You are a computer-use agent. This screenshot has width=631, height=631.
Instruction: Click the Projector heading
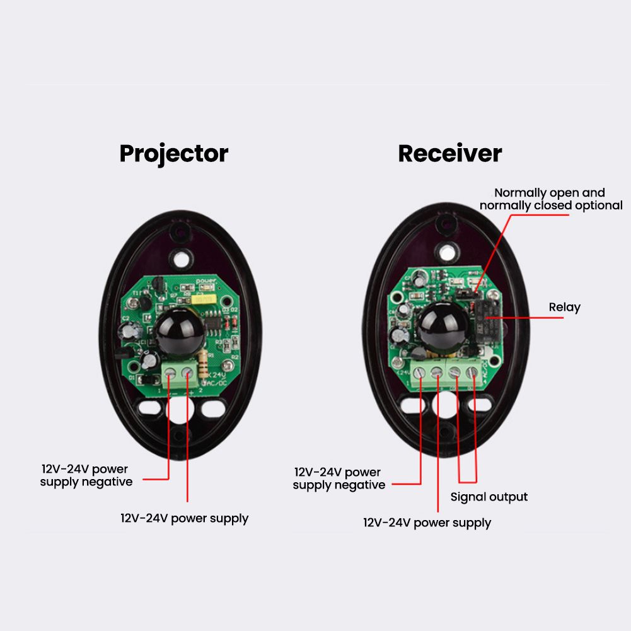pyautogui.click(x=173, y=153)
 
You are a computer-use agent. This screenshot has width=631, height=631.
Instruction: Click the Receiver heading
pyautogui.click(x=449, y=153)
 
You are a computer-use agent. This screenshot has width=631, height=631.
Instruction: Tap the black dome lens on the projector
pyautogui.click(x=180, y=333)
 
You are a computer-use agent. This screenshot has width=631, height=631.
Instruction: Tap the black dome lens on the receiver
pyautogui.click(x=444, y=327)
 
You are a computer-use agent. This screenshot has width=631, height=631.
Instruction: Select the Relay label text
pyautogui.click(x=564, y=308)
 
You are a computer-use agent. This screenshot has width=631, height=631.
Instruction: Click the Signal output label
pyautogui.click(x=489, y=497)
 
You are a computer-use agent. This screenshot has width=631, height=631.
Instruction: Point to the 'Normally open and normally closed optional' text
pyautogui.click(x=550, y=199)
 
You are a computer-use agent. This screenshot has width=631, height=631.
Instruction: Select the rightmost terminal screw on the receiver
pyautogui.click(x=471, y=373)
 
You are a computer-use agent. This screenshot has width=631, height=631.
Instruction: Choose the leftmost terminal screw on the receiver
pyautogui.click(x=420, y=373)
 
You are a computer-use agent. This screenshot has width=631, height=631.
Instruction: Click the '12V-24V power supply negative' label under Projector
pyautogui.click(x=86, y=475)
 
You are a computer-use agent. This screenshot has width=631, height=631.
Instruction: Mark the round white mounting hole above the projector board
pyautogui.click(x=182, y=258)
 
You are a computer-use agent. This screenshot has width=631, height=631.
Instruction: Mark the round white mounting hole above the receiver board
pyautogui.click(x=447, y=252)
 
